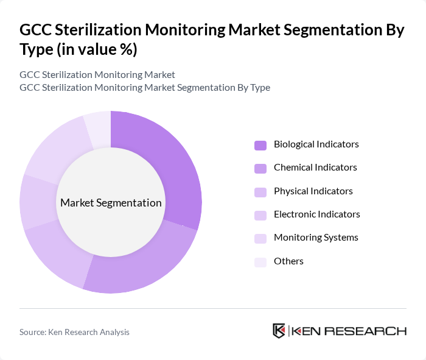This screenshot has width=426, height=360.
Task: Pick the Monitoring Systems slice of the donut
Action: pos(55,149)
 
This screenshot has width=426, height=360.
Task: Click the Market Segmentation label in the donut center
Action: pos(111,203)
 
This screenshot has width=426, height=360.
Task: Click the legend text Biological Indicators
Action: pos(316,144)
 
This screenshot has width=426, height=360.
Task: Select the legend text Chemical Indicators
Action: pos(315,168)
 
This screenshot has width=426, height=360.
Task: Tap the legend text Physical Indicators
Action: pos(313,191)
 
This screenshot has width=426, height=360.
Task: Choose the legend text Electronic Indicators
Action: pos(316,214)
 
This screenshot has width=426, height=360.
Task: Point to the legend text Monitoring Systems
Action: pos(316,238)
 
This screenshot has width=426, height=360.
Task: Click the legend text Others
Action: pos(288,261)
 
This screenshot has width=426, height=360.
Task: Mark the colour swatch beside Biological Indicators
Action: pos(260,145)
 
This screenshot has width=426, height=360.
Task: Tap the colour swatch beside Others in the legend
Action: pos(260,261)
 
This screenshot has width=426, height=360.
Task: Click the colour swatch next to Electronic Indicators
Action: pos(260,215)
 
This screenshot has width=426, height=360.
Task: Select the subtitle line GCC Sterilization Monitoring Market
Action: pos(97,74)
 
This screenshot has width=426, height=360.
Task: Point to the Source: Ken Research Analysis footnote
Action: pos(74,332)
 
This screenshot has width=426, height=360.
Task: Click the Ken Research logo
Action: pos(339,331)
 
